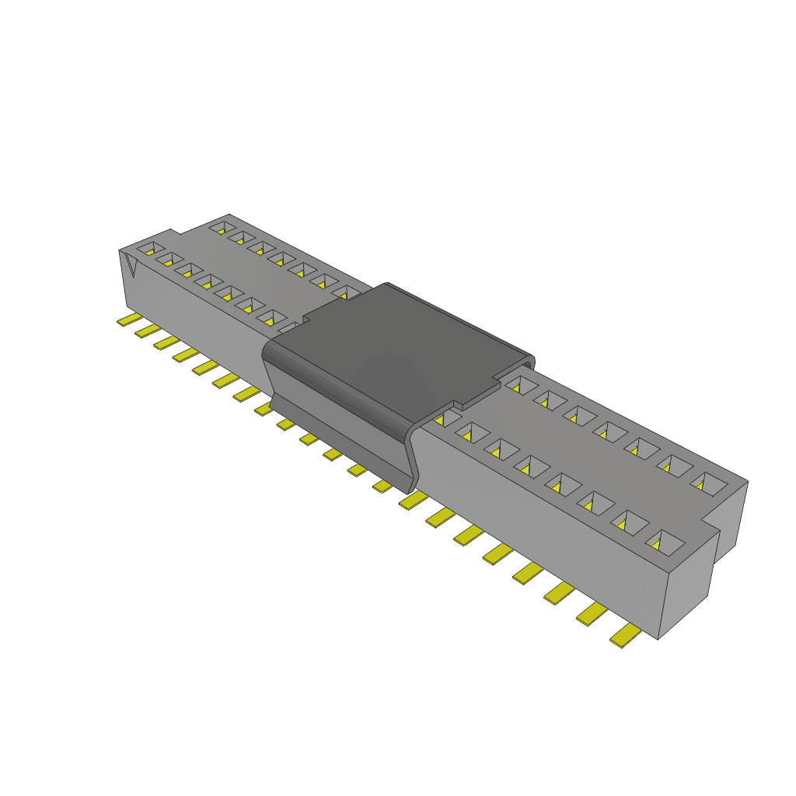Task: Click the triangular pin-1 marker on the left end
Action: (131, 266)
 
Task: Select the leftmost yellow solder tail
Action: (127, 320)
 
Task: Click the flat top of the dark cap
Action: (396, 342)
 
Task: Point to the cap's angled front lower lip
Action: (342, 443)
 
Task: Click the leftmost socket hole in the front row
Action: (147, 250)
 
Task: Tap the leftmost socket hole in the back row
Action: (222, 229)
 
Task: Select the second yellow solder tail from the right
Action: (592, 614)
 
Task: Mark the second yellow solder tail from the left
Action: (147, 331)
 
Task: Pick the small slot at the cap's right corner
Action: (528, 363)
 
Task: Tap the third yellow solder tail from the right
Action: (560, 593)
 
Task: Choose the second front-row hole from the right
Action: (624, 523)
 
